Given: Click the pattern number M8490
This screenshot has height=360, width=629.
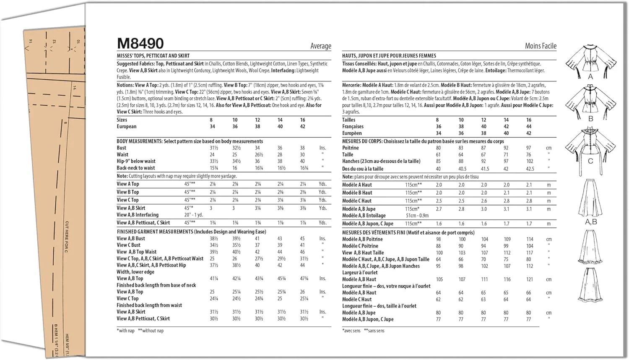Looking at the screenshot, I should coord(140,44).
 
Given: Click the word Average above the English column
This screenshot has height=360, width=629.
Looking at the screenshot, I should coord(320,46).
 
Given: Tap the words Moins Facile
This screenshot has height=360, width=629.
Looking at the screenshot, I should coord(541,46).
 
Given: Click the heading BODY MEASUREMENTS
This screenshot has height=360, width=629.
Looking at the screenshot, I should coord(139,141).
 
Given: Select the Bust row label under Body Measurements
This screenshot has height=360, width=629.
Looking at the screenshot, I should coord(121,148).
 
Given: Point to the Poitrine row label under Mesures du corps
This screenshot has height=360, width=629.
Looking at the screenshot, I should coord(350,148).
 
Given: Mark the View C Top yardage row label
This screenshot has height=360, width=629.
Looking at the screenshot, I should coord(127,200).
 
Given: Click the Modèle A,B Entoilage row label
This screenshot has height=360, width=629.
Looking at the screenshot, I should coord(364,216).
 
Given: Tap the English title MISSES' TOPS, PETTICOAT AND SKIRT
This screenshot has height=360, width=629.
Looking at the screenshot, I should coord(153,55).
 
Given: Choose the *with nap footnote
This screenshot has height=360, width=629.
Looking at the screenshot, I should coord(125,331).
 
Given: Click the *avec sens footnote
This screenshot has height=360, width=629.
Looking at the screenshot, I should coord(351,331).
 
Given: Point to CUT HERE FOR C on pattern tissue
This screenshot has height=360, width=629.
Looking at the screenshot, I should coord(66,237).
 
